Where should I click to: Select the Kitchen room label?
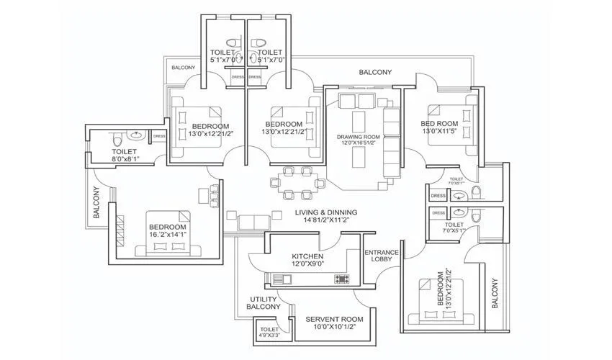pyautogui.click(x=307, y=256)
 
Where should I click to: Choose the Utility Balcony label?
pyautogui.click(x=264, y=302)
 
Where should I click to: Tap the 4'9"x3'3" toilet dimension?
pyautogui.click(x=271, y=334)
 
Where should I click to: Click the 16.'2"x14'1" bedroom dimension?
pyautogui.click(x=168, y=234)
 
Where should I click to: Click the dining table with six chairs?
pyautogui.click(x=296, y=182)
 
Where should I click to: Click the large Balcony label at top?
pyautogui.click(x=376, y=72)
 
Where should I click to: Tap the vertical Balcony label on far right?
pyautogui.click(x=495, y=294)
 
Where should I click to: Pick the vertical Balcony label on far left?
pyautogui.click(x=96, y=202)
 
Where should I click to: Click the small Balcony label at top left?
pyautogui.click(x=183, y=68)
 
